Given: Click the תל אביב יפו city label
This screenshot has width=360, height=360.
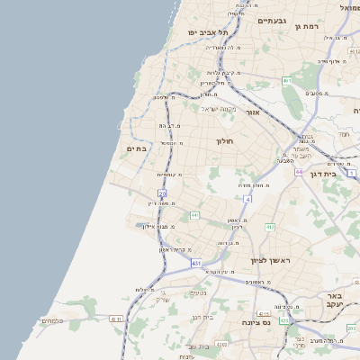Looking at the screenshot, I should point(205,33).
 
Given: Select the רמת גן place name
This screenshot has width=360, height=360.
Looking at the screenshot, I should point(307,27).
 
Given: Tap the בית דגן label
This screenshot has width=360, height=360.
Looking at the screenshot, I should point(322,174).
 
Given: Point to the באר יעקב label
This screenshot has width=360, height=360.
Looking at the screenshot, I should point(335,301).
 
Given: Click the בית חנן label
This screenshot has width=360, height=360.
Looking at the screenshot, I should point(202,317).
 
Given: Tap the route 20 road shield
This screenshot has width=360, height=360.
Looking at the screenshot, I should point(162,193).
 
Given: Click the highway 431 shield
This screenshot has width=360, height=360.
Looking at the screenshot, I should point(196,263).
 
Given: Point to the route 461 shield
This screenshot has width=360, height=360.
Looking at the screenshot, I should point(286,81).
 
